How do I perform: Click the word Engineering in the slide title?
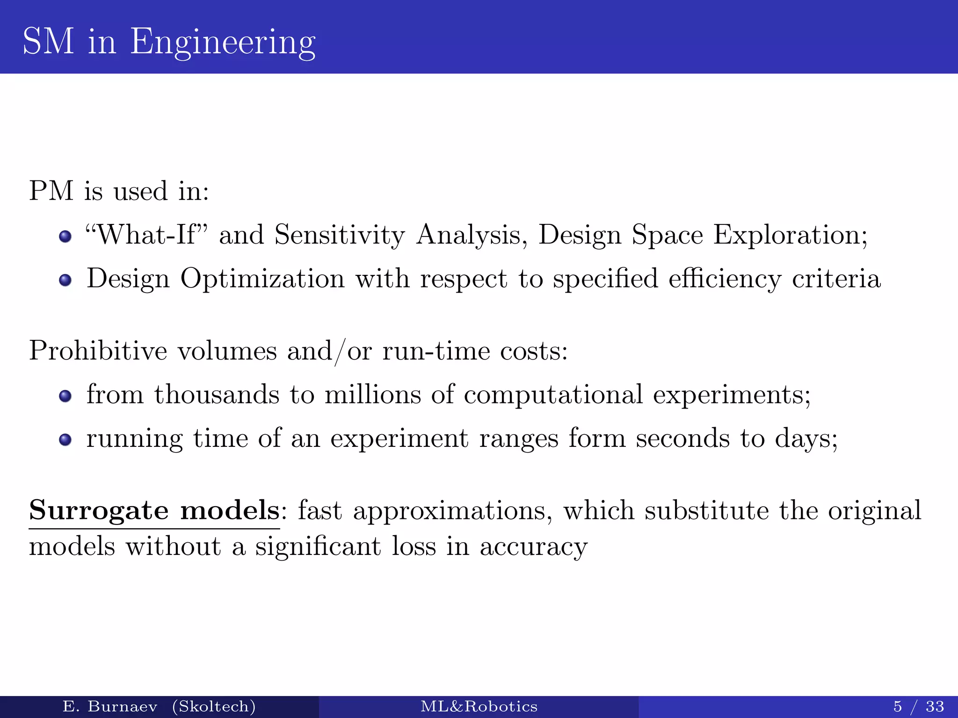coord(223,42)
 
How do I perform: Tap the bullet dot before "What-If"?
coord(65,236)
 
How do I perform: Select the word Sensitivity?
coord(340,235)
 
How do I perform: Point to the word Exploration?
coord(790,235)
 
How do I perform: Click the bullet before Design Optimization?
coord(65,280)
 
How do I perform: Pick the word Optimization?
coord(262,280)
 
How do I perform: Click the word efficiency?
coord(725,280)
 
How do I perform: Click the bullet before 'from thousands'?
coord(65,396)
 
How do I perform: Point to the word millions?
coord(373,395)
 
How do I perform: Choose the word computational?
coord(553,395)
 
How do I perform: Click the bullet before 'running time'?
coord(65,439)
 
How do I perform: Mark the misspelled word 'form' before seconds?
coord(597,438)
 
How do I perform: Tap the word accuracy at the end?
coord(533,547)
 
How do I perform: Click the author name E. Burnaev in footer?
coord(110,706)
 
